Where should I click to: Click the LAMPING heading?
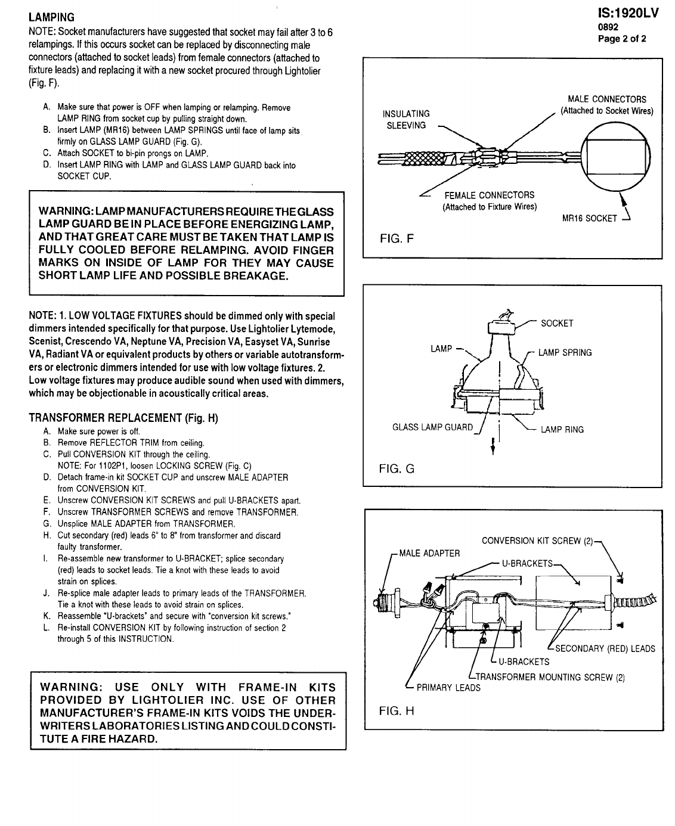pos(52,18)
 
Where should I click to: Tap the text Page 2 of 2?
pos(622,39)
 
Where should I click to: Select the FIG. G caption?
pos(397,469)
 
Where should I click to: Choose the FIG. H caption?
pos(397,710)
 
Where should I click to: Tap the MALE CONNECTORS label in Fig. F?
pos(606,105)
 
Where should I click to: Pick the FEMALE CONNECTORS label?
pos(490,201)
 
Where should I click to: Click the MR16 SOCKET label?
pos(590,218)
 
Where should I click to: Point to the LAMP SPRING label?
pos(565,353)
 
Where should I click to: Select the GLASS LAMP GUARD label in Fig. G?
pos(432,427)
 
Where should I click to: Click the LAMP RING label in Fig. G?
pos(562,430)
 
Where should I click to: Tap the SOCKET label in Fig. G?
pos(557,323)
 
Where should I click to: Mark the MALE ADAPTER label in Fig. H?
pos(429,553)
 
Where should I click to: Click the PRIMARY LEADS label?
pos(448,688)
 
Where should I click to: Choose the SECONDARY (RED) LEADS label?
pos(605,649)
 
